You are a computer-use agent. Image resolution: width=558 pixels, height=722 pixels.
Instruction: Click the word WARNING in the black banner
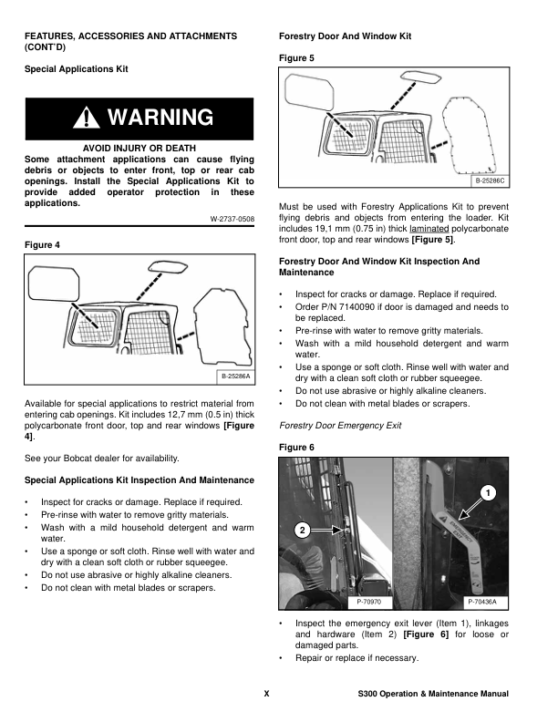(x=160, y=118)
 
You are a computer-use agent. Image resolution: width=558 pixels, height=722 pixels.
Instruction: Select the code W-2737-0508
(x=232, y=219)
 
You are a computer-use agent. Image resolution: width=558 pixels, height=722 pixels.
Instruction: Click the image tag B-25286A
(x=236, y=376)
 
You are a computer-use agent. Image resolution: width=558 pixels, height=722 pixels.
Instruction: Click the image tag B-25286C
(x=490, y=182)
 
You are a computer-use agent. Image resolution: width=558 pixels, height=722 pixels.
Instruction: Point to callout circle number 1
(x=489, y=493)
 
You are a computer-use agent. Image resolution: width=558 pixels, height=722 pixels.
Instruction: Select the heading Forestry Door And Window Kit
(x=345, y=36)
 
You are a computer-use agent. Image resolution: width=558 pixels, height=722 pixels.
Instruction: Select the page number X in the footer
(x=266, y=694)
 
